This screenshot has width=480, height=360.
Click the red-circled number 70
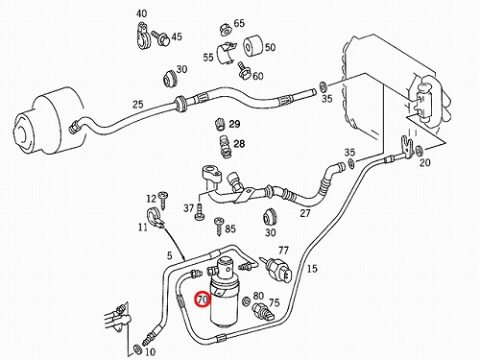(x=204, y=300)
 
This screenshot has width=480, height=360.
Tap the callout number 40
(x=141, y=13)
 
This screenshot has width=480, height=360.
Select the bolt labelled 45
(x=160, y=37)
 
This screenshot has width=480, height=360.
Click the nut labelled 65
(x=226, y=29)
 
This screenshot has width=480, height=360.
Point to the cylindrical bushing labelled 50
(x=253, y=47)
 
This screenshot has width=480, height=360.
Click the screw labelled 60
(x=244, y=72)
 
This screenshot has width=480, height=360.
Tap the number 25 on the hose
(x=137, y=105)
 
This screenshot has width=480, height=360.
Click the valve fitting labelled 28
(x=226, y=147)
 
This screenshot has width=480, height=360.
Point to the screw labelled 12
(x=164, y=201)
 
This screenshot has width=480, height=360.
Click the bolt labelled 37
(x=199, y=212)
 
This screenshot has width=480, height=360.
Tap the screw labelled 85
(x=219, y=226)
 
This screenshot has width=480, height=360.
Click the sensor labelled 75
(x=263, y=312)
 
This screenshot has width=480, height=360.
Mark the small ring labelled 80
(x=247, y=301)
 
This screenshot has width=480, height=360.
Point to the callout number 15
(x=312, y=268)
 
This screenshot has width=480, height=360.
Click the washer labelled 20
(x=420, y=149)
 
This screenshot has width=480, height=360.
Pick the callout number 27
(x=305, y=213)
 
